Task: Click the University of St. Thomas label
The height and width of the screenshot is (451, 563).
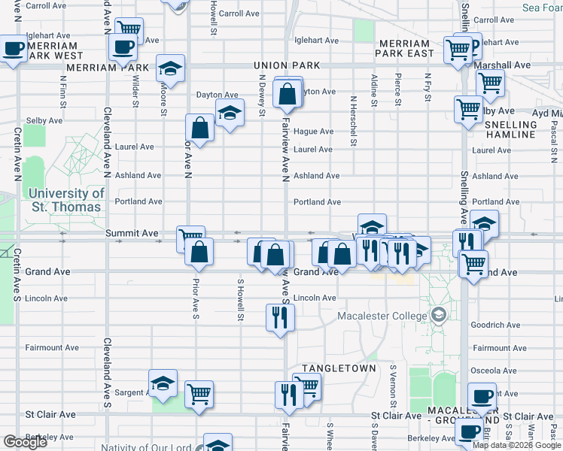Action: pyautogui.click(x=66, y=199)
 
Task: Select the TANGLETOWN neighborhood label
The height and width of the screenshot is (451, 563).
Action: pyautogui.click(x=338, y=368)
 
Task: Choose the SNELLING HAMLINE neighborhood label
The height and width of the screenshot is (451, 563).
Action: pyautogui.click(x=510, y=129)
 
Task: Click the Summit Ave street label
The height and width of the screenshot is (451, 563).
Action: pyautogui.click(x=131, y=234)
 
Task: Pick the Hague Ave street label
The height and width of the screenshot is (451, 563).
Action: pyautogui.click(x=313, y=132)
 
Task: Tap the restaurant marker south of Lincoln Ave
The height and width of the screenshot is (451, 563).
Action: pyautogui.click(x=280, y=317)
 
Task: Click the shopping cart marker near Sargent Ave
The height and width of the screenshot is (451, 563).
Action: pyautogui.click(x=199, y=393)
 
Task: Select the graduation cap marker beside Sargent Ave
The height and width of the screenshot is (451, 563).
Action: pyautogui.click(x=163, y=383)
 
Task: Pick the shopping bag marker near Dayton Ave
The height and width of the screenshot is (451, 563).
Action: pyautogui.click(x=287, y=94)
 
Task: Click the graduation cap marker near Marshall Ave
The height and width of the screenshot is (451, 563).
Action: pyautogui.click(x=171, y=68)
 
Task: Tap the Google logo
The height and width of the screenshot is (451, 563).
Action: pyautogui.click(x=25, y=442)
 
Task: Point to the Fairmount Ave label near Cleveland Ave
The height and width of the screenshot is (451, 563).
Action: pyautogui.click(x=52, y=348)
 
